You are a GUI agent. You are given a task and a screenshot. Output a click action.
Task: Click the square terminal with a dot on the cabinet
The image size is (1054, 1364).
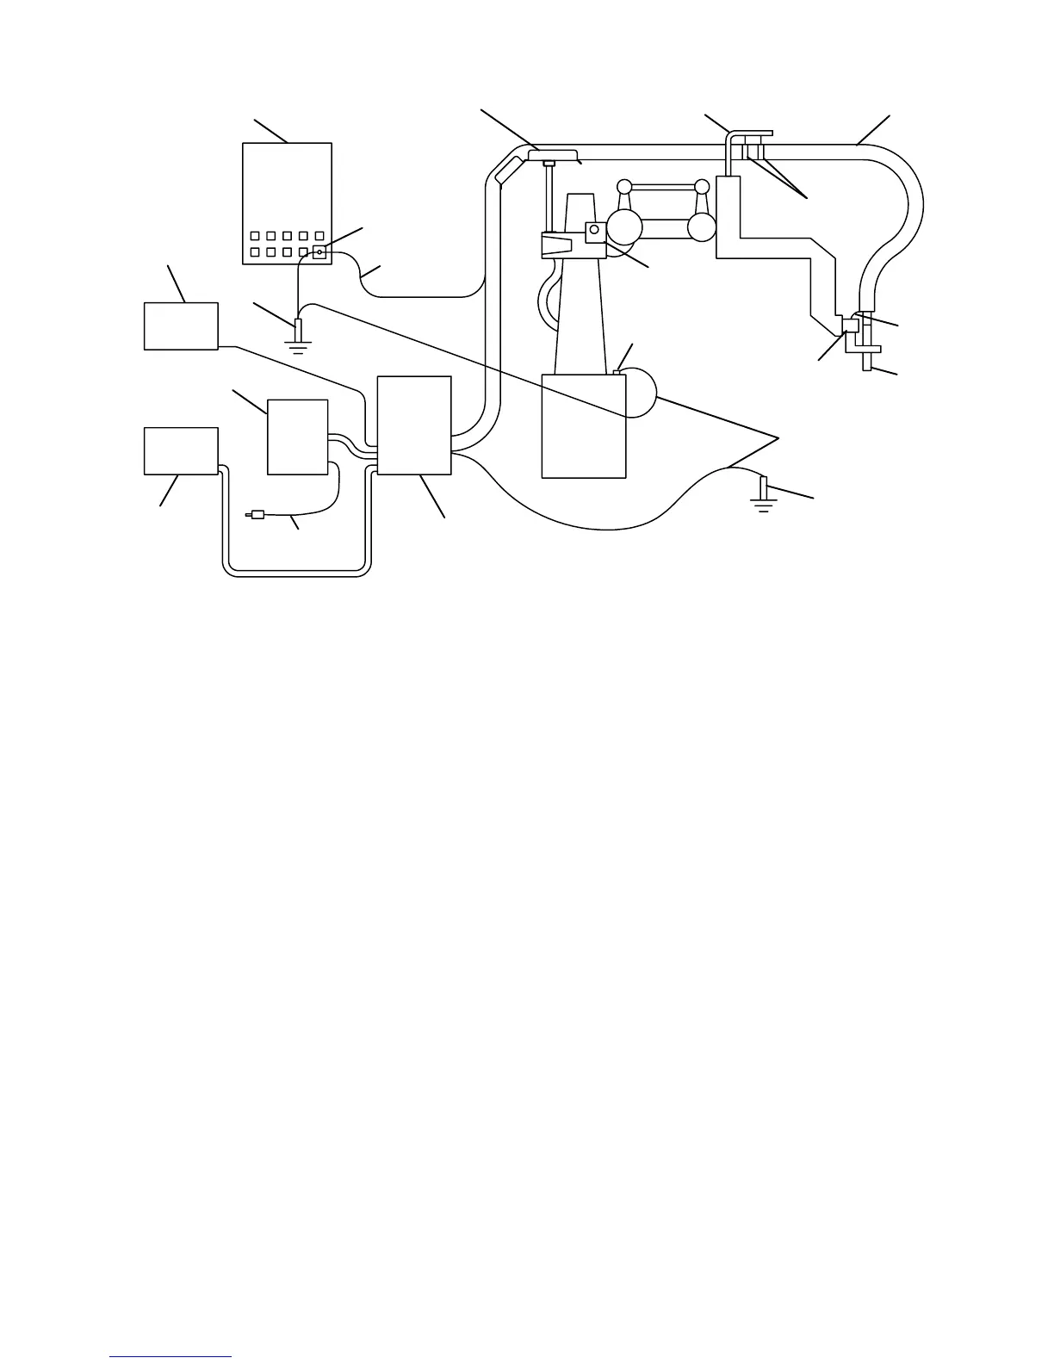click(319, 252)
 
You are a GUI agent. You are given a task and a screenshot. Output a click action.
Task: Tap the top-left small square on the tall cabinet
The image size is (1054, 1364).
click(254, 236)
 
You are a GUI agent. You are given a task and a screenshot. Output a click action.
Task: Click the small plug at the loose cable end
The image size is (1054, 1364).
click(254, 516)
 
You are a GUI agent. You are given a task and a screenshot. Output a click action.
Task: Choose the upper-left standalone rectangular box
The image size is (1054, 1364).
click(181, 325)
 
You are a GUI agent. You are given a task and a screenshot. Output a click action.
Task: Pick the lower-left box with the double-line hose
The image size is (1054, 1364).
click(181, 450)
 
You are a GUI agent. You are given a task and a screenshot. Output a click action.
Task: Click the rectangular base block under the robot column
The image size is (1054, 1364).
click(583, 425)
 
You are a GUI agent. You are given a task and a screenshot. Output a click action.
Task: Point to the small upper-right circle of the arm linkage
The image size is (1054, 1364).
click(702, 186)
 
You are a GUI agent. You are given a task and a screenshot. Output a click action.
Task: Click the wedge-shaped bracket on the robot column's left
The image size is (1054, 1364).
click(556, 245)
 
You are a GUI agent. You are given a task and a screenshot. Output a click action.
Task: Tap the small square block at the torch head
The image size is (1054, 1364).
click(850, 325)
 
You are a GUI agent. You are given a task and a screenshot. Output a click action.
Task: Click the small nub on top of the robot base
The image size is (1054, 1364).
click(617, 372)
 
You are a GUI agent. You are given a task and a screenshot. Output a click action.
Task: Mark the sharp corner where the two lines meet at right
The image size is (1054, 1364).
click(778, 438)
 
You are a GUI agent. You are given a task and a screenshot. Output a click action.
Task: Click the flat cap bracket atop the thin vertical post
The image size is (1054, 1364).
click(551, 154)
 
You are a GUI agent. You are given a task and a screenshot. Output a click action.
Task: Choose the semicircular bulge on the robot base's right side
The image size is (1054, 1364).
click(642, 394)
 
